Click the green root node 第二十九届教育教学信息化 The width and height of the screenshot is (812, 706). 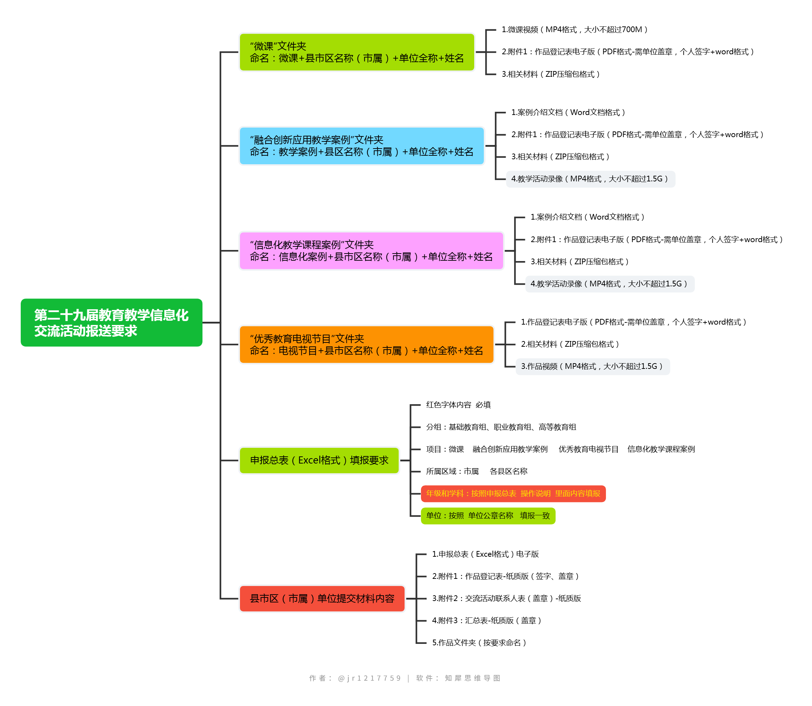[x=111, y=323]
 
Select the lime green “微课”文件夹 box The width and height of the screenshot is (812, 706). [x=357, y=52]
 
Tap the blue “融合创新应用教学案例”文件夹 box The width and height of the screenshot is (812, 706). [x=361, y=146]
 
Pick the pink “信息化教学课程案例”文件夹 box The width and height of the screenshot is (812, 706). [x=371, y=251]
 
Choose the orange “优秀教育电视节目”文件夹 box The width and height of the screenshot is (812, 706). [x=366, y=345]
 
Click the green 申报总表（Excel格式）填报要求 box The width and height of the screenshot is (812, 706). [x=319, y=460]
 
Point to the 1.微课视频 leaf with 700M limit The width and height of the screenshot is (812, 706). [x=575, y=30]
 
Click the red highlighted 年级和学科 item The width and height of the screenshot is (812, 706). [x=513, y=494]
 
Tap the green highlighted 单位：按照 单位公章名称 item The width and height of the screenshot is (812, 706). [x=488, y=516]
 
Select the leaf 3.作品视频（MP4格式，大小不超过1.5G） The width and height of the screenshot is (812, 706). [x=592, y=366]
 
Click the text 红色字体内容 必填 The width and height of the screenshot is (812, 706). [x=458, y=405]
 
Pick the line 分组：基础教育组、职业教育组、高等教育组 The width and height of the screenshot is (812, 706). [x=501, y=427]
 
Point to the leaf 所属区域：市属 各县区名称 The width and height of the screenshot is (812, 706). [x=476, y=471]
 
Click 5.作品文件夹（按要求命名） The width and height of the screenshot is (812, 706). [x=479, y=643]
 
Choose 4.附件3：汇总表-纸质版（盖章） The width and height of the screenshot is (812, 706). [x=487, y=621]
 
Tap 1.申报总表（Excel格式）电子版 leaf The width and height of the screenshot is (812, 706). [x=485, y=554]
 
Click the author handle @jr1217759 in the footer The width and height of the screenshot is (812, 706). [x=369, y=679]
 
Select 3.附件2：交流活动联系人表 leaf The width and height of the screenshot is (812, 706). [x=506, y=599]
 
